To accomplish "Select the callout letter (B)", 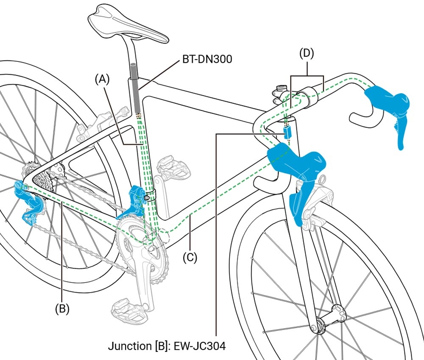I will (62, 309).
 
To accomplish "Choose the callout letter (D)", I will (307, 54).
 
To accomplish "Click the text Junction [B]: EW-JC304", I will (167, 346).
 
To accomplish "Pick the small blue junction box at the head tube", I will (288, 133).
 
